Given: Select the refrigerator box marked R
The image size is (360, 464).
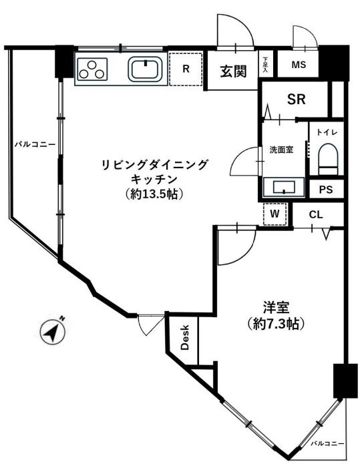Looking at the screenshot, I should click(186, 69).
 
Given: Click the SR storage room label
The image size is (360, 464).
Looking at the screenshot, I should click(297, 99).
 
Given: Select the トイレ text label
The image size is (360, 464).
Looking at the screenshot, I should click(327, 133).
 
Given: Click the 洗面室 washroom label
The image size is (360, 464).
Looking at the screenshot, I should click(281, 150).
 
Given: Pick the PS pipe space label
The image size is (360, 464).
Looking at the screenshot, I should click(325, 190).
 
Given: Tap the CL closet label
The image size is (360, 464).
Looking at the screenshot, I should click(317, 214).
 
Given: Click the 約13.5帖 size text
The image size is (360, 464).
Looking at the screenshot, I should click(154, 194).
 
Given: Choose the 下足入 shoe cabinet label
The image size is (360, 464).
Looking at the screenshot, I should click(265, 65).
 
